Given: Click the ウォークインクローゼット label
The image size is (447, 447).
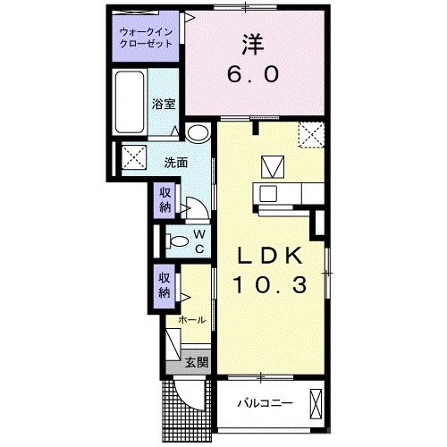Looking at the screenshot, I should tap(148, 39).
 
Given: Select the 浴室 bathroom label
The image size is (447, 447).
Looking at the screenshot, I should tap(164, 104).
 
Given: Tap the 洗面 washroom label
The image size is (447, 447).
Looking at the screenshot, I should tap(175, 164).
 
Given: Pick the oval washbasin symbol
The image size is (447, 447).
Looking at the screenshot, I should tap(198, 133).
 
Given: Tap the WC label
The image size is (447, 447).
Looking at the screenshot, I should tap(199, 240).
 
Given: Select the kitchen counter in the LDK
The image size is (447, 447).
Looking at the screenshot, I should tap(285, 191).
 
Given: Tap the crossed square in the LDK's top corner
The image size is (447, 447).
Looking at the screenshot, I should tap(311, 135).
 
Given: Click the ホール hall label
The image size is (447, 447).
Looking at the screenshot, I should tap(192, 319).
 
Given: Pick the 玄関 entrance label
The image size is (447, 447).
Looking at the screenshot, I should tap(198, 362).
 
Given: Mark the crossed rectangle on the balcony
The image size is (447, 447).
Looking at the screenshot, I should tap(315, 403).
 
